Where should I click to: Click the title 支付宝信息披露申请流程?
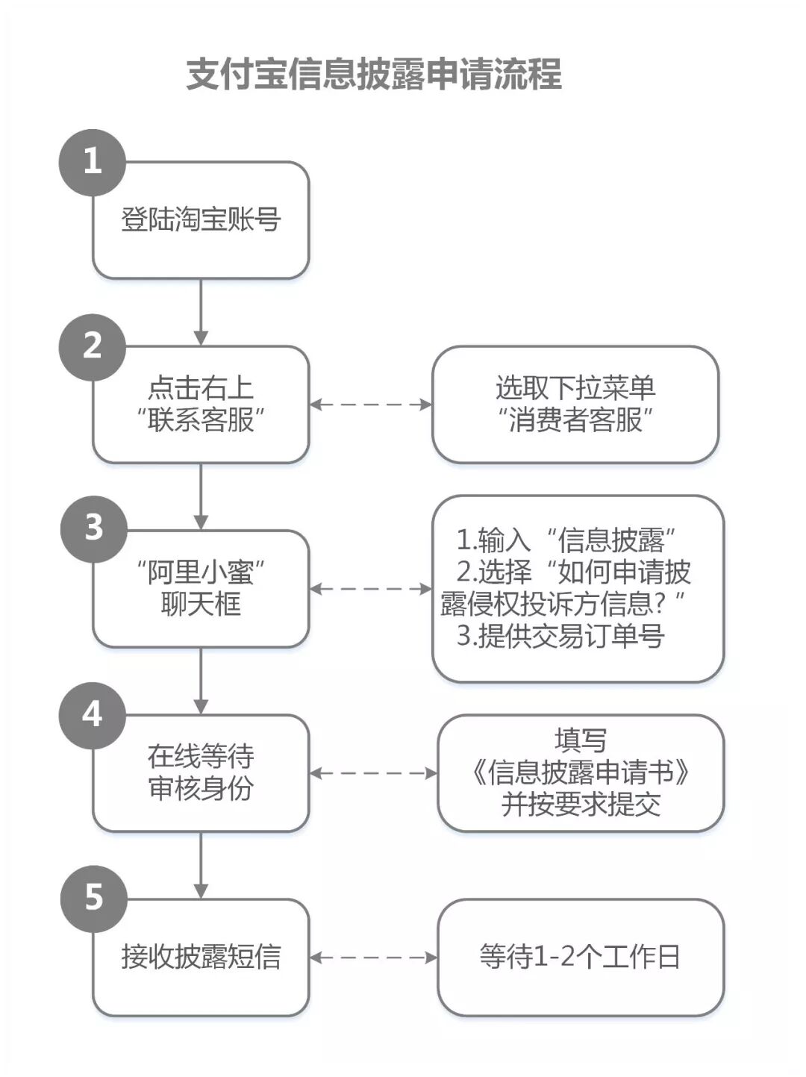coord(373,75)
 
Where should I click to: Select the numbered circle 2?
coord(93,346)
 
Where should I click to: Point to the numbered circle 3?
coord(94,528)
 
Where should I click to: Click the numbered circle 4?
coord(93,714)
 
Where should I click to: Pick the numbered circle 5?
coord(94,898)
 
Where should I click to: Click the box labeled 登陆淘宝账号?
coord(201,220)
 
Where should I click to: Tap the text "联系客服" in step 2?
coord(201,421)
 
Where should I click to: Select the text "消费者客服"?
coord(575,421)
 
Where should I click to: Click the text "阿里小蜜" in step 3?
coord(201,572)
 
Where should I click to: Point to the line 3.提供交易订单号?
coord(560,637)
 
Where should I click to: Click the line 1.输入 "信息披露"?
coord(566,539)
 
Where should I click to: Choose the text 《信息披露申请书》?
coord(581,772)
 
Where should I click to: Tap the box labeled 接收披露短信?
coord(201,957)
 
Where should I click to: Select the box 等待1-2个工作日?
coord(581,957)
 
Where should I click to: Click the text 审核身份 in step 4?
coord(201,789)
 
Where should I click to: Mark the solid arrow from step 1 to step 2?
coord(201,312)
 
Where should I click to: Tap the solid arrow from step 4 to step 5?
coord(201,865)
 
